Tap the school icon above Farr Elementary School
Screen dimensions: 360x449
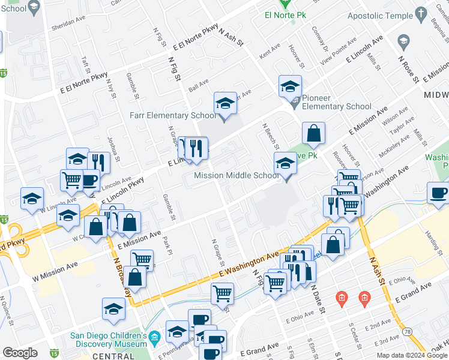point(226,103)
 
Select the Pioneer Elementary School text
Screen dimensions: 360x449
point(336,102)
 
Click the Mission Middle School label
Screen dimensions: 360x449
point(237,176)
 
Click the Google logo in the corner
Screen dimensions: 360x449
point(20,353)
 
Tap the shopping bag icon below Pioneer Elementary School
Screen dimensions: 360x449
point(313,134)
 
